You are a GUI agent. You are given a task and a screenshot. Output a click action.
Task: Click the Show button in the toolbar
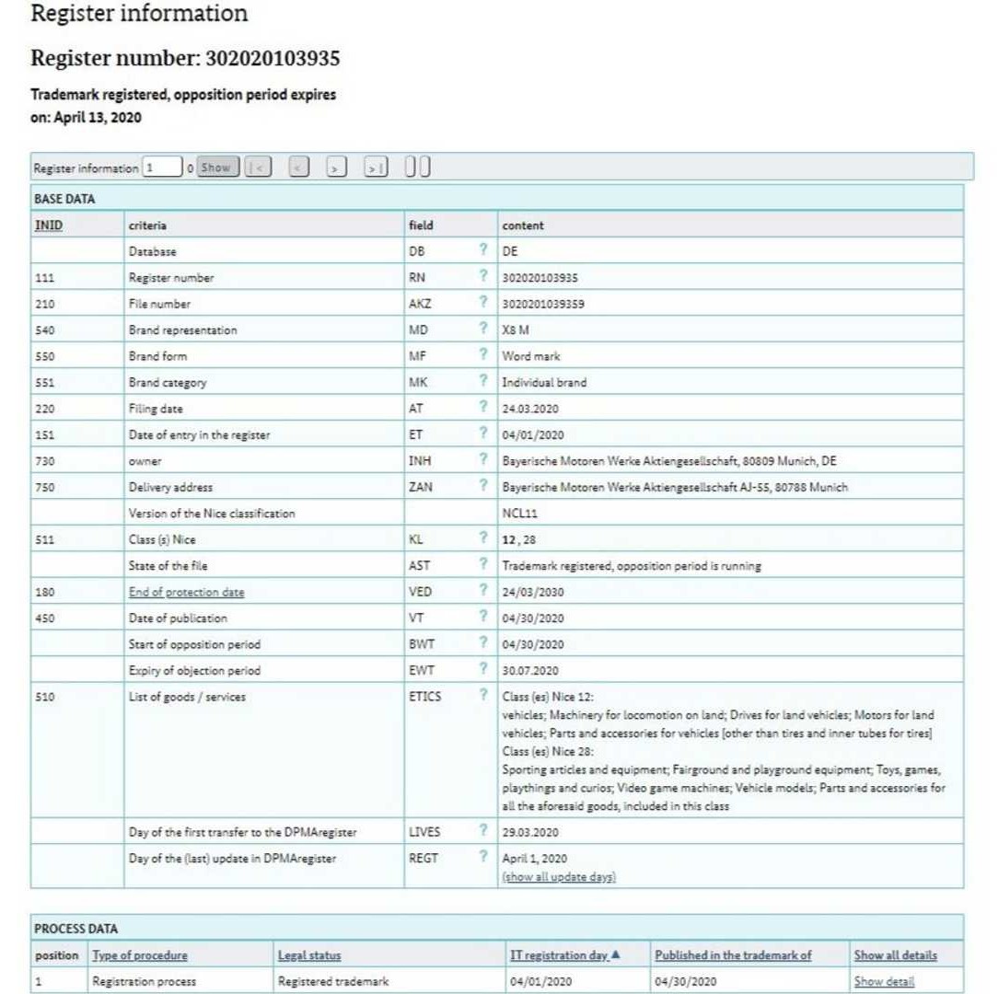[216, 168]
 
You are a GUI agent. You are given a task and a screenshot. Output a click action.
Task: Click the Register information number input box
[161, 168]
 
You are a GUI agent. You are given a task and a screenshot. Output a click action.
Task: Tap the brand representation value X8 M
[516, 329]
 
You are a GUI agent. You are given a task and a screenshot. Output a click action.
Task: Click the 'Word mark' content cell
[530, 355]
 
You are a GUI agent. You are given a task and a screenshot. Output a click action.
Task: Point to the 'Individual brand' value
[544, 382]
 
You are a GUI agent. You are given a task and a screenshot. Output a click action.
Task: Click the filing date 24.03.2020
[530, 409]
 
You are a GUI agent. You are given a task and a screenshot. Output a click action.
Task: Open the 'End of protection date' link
[187, 592]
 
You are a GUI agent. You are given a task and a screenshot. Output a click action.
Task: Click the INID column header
[48, 225]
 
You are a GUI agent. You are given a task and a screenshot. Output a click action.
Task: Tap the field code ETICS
[424, 697]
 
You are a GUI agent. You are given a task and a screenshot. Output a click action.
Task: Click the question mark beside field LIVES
[482, 831]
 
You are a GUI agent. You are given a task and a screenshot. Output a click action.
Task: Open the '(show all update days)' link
[559, 877]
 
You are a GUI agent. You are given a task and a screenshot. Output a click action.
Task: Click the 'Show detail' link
[884, 981]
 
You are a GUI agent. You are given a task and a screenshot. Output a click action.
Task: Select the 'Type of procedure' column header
[140, 955]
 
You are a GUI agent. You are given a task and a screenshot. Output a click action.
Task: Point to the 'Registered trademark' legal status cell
[333, 981]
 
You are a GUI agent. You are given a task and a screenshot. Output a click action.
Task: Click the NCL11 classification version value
[519, 514]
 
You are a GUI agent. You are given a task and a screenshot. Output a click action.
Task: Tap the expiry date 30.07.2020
[530, 670]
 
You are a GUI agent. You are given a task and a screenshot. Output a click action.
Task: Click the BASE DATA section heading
[64, 198]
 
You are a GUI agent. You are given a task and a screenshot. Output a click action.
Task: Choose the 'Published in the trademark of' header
[733, 955]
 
